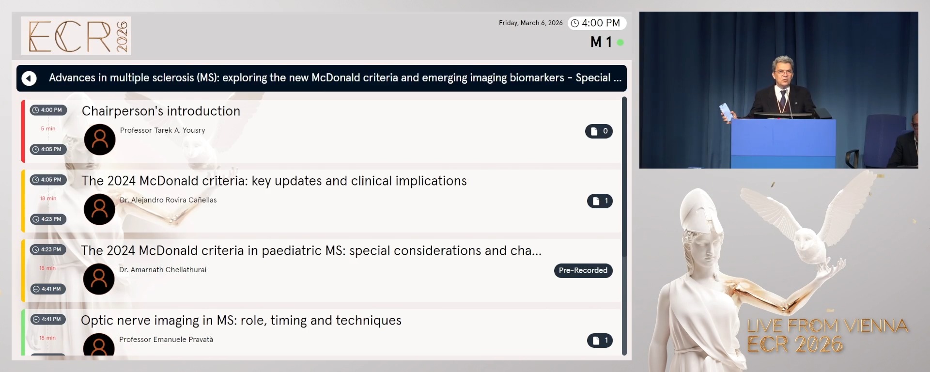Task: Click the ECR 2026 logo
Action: coord(76,36)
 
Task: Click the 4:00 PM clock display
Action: coord(597,23)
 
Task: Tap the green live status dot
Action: coord(620,43)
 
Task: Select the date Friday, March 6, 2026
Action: coord(530,23)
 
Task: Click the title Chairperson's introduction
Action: coord(161,111)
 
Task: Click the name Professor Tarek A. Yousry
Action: coord(162,130)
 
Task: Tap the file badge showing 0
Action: coord(599,131)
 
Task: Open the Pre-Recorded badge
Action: coord(583,270)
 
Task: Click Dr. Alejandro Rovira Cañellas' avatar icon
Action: coord(100,209)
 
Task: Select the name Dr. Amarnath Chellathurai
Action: coord(163,270)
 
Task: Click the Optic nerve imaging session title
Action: coord(241,320)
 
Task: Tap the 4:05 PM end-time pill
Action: coord(48,149)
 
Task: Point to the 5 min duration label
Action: coord(48,129)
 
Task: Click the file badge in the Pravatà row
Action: coord(600,341)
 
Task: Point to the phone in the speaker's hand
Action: coord(726,111)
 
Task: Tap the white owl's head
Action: coord(806,238)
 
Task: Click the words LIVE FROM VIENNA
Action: coord(827,325)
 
